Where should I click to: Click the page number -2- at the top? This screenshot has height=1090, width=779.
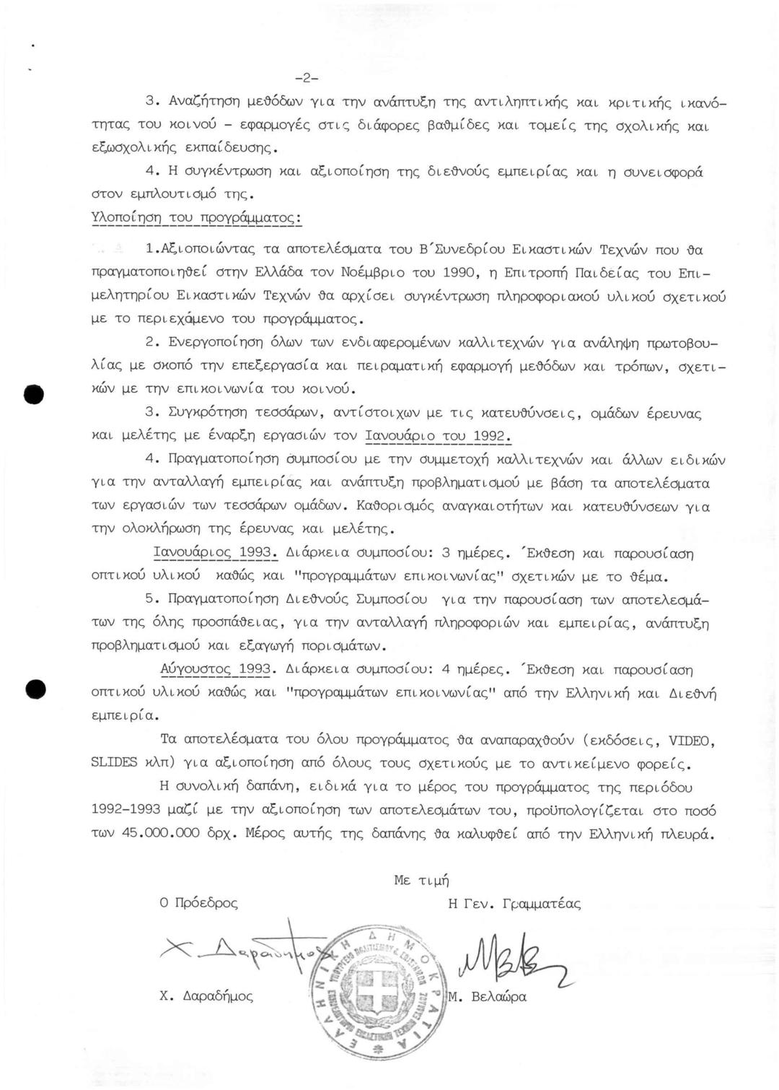[x=307, y=78]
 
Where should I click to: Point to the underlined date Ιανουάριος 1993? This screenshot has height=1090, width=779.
[x=214, y=554]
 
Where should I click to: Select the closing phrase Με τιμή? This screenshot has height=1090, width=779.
[x=421, y=880]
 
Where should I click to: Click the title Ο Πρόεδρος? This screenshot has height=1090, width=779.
[x=198, y=903]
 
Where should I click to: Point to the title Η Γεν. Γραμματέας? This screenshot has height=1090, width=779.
[x=514, y=903]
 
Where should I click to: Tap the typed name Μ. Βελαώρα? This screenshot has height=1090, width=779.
[x=488, y=997]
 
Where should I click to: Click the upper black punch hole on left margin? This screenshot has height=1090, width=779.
[x=33, y=396]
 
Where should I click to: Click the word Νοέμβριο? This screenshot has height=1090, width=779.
[x=361, y=274]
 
